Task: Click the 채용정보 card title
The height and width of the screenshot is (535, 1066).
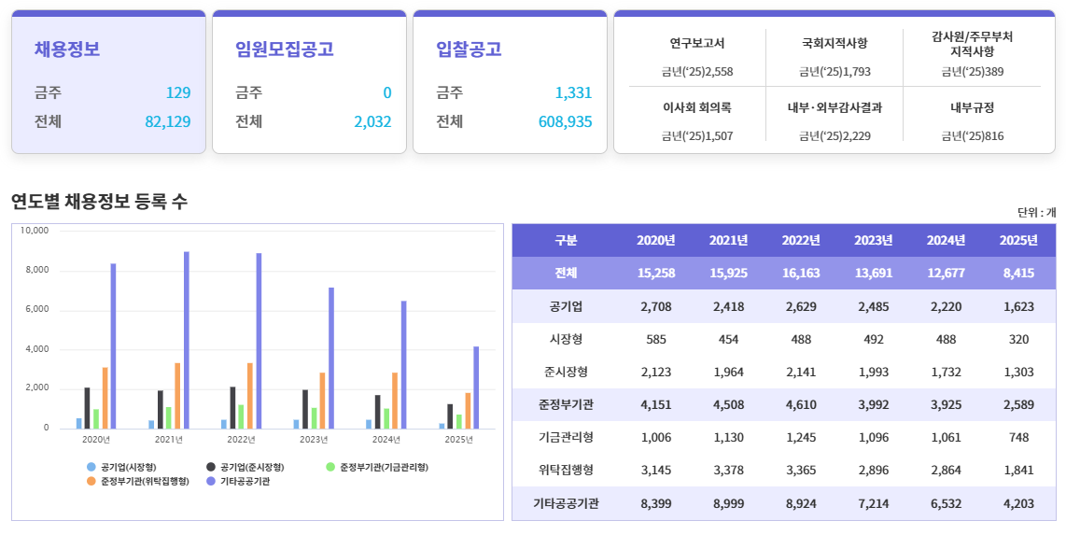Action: pyautogui.click(x=67, y=49)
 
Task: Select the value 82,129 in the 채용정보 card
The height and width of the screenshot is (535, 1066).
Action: pyautogui.click(x=168, y=121)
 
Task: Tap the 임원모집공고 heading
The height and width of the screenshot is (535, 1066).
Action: pyautogui.click(x=285, y=49)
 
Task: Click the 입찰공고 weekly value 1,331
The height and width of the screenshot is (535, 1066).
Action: pyautogui.click(x=573, y=92)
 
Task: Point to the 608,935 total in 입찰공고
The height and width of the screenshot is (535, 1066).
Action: pyautogui.click(x=565, y=121)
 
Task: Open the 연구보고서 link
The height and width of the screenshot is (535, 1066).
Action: pyautogui.click(x=697, y=43)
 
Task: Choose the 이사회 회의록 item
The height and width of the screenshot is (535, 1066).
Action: pyautogui.click(x=697, y=107)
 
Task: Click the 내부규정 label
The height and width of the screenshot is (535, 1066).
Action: pyautogui.click(x=972, y=107)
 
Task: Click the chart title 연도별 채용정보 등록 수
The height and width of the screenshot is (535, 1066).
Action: pyautogui.click(x=99, y=201)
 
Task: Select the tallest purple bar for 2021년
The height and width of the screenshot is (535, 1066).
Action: pyautogui.click(x=187, y=340)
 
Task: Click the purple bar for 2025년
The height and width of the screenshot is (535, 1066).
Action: pyautogui.click(x=476, y=387)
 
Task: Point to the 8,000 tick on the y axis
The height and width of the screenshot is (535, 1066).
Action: pyautogui.click(x=35, y=270)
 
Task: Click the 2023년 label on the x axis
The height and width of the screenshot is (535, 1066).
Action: pyautogui.click(x=314, y=439)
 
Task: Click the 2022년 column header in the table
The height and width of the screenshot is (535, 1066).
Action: pyautogui.click(x=801, y=240)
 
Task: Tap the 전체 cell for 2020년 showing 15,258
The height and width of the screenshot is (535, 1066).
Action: pyautogui.click(x=656, y=274)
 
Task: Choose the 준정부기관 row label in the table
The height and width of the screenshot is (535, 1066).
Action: pyautogui.click(x=566, y=404)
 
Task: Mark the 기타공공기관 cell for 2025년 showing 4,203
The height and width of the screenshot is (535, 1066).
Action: pyautogui.click(x=1018, y=503)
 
